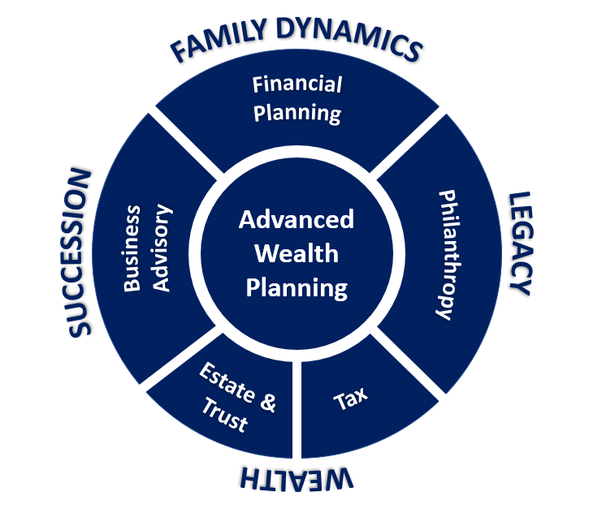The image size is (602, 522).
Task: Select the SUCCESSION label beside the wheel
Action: click(x=80, y=252)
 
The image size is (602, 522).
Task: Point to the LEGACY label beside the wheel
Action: click(x=521, y=244)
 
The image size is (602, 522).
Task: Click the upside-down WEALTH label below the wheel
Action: click(x=297, y=479)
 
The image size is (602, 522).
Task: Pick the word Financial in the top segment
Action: click(x=297, y=84)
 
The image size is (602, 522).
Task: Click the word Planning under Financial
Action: click(x=297, y=113)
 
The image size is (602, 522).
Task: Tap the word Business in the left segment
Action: click(x=132, y=248)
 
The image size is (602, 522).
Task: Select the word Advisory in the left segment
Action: click(x=162, y=248)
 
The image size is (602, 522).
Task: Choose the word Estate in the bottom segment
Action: click(x=227, y=382)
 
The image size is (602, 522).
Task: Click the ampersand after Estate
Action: click(x=268, y=403)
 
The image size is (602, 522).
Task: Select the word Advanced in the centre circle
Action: click(x=297, y=219)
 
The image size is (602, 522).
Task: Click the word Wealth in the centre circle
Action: click(x=297, y=253)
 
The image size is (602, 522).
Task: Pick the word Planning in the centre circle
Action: click(x=297, y=288)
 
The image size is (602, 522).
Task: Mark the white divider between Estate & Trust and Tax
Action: click(x=297, y=410)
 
